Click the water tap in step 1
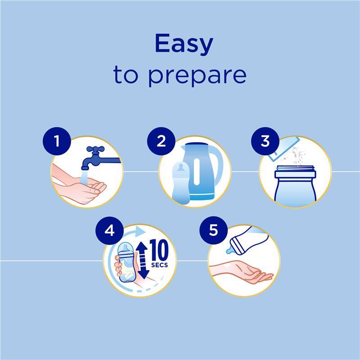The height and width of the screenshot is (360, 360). pos(97,155)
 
